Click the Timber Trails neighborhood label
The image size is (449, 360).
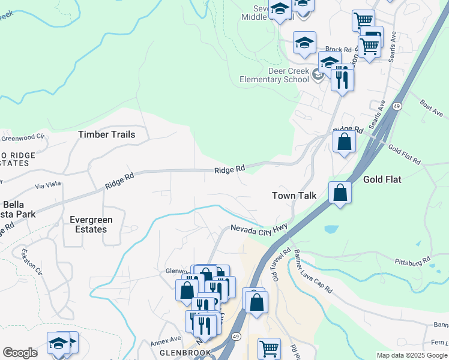tap(107, 134)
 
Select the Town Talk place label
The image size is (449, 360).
tap(294, 196)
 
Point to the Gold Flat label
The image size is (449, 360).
tap(382, 179)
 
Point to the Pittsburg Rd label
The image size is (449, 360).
tap(414, 262)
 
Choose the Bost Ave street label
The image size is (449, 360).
tap(431, 109)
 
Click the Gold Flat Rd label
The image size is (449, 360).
tap(404, 155)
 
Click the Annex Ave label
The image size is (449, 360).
tap(166, 340)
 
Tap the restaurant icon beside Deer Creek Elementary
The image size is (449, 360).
tap(342, 79)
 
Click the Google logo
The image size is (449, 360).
tap(20, 353)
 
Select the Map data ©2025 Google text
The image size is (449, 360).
tap(411, 355)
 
